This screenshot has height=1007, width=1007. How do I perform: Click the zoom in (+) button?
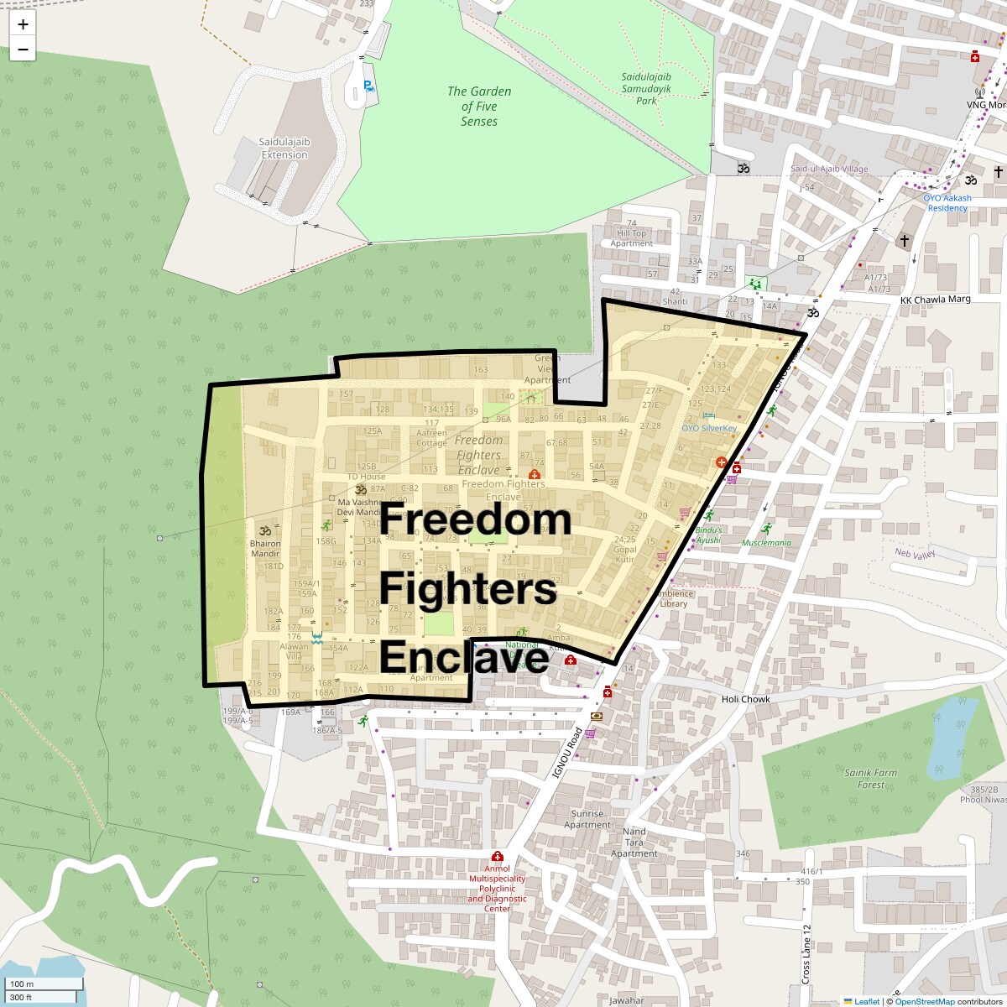[23, 24]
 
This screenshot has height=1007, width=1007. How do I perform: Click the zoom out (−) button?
[23, 50]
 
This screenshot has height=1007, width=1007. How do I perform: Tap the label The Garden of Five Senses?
[479, 107]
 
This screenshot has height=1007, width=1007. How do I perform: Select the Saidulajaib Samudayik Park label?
[646, 88]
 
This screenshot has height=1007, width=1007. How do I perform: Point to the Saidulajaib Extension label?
[284, 149]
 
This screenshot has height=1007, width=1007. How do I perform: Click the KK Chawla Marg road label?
[935, 300]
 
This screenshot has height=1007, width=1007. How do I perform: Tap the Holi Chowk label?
[745, 699]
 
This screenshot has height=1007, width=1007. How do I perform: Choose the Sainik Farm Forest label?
[870, 779]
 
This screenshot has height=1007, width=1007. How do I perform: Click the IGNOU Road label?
[567, 753]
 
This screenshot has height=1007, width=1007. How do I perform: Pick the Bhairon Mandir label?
[265, 549]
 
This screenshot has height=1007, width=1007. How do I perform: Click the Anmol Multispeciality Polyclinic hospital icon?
[498, 857]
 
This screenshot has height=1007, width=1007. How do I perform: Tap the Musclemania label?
[766, 542]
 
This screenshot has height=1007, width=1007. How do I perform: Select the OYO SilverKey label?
[709, 428]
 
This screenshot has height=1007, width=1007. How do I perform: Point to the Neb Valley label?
[914, 554]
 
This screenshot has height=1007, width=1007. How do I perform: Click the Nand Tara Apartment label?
[634, 843]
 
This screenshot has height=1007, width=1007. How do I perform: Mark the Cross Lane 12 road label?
[806, 954]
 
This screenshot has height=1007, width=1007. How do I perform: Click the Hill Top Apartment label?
[632, 238]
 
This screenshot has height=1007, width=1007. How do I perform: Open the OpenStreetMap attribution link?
[924, 1001]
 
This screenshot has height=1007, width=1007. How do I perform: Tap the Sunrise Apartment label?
[587, 819]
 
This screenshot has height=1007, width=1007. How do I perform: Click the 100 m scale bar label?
[23, 984]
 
